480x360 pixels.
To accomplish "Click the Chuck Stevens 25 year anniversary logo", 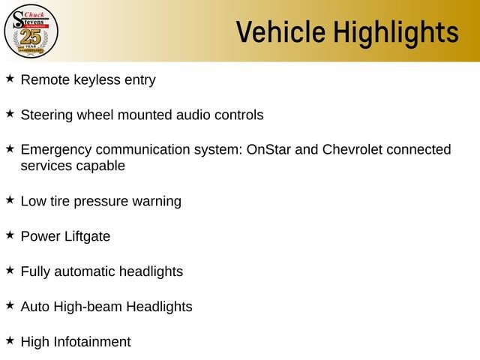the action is (x=31, y=31).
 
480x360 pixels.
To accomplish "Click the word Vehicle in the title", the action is (x=280, y=31).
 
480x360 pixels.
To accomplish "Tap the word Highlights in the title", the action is (x=396, y=33).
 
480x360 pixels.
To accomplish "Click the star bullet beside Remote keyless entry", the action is (x=10, y=78).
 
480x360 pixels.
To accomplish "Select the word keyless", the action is (x=97, y=80).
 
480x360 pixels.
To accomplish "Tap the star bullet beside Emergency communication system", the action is (x=10, y=148).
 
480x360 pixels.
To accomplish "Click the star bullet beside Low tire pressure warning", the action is (x=10, y=200).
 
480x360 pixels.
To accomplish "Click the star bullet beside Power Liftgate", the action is (x=10, y=235).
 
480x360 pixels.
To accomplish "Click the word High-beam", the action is (x=88, y=307).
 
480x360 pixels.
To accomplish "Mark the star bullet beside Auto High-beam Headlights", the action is (x=10, y=305).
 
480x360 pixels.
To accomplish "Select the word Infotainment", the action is (x=92, y=342).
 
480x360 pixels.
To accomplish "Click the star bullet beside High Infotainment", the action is (x=10, y=340).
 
